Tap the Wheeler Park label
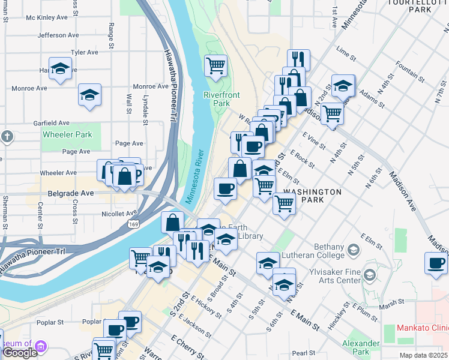click(67, 134)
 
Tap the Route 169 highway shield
click(133, 223)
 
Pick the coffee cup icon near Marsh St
click(436, 262)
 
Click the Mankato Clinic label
click(423, 328)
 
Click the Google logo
click(19, 353)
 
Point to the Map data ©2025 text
click(423, 355)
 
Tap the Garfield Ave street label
click(52, 122)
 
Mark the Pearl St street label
click(304, 352)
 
